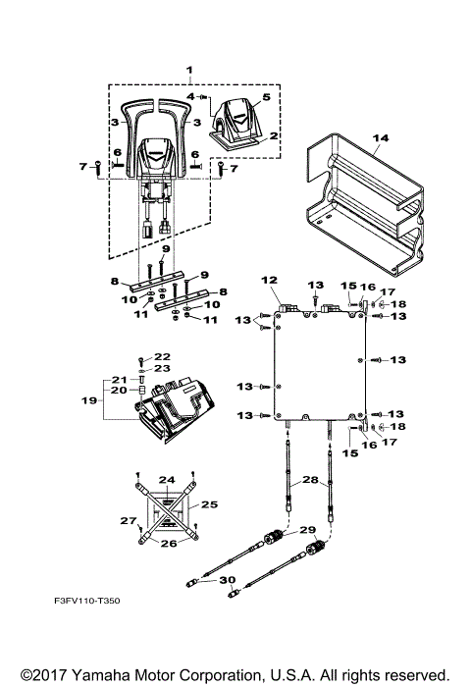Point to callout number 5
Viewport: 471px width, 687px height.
point(264,99)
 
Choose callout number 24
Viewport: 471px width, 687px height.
point(168,480)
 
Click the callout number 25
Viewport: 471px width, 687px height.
point(207,503)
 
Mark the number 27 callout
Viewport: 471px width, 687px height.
point(126,520)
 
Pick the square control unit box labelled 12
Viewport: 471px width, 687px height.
point(319,363)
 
